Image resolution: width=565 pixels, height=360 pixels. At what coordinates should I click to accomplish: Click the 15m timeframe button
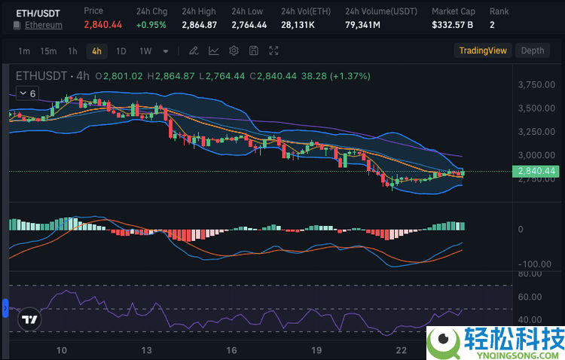click(48, 51)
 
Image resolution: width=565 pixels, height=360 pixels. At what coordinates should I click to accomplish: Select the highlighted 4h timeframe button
click(96, 51)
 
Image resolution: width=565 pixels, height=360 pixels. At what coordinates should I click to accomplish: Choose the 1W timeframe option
click(145, 51)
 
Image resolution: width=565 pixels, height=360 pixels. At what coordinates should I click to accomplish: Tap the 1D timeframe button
click(121, 51)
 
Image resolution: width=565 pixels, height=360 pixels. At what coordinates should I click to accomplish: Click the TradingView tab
click(483, 50)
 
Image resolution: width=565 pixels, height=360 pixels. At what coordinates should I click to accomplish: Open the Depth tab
click(533, 50)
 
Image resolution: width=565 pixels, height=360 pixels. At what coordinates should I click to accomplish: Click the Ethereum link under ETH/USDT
click(44, 25)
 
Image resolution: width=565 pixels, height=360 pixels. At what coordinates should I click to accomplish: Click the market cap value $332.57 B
click(452, 25)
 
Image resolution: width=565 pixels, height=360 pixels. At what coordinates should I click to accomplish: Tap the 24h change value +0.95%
click(151, 25)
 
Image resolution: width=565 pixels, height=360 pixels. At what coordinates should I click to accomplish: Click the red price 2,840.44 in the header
click(102, 25)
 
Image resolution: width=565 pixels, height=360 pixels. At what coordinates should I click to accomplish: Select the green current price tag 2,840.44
click(537, 171)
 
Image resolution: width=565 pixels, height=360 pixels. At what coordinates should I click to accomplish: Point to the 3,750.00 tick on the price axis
click(536, 84)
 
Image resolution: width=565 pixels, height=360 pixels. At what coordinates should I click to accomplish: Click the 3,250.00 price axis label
click(536, 132)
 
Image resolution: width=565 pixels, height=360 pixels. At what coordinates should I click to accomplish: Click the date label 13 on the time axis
click(147, 349)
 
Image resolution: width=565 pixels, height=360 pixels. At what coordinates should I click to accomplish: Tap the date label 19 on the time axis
click(317, 349)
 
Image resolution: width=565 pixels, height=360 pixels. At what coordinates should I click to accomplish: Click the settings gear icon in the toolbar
click(234, 51)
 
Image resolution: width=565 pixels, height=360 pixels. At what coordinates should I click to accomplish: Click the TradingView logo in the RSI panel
click(29, 319)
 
